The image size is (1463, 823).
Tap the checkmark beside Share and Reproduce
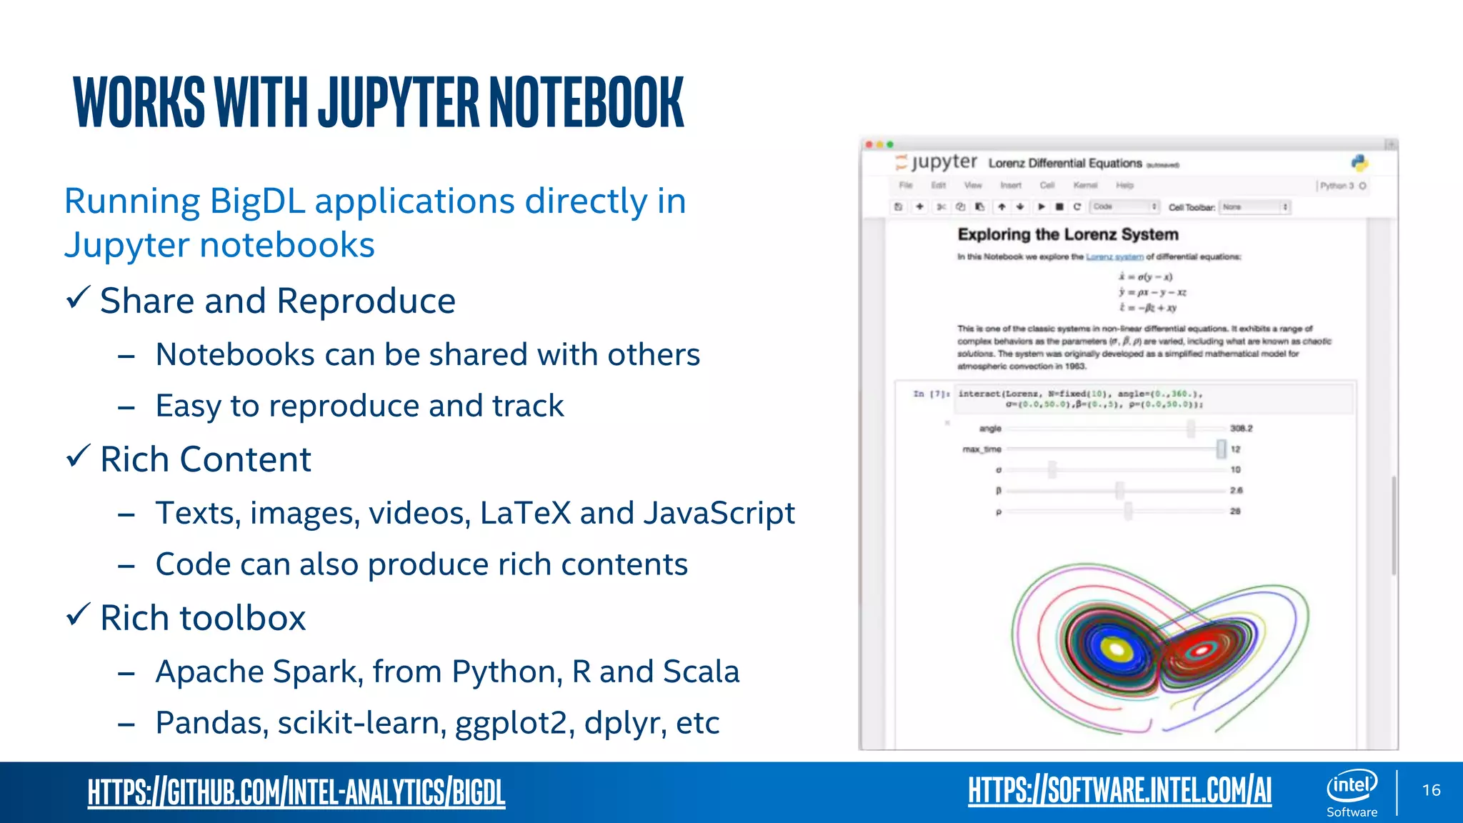pos(78,297)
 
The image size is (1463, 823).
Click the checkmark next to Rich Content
pos(78,456)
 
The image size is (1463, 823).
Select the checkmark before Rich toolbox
pos(78,614)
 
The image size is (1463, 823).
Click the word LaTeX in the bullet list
pos(525,513)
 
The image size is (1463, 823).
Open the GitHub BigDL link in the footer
pos(296,792)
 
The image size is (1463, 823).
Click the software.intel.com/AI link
pos(1119,790)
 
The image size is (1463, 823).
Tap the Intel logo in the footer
pos(1352,786)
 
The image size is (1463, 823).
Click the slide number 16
pos(1431,790)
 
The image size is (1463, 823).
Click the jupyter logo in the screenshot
pos(936,163)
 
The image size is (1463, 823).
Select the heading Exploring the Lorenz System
pos(1067,234)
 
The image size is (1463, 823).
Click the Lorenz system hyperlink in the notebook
pos(1114,256)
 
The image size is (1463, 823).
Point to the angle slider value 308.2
pos(1241,429)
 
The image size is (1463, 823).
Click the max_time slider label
pos(982,449)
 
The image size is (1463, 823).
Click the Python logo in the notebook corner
pos(1359,163)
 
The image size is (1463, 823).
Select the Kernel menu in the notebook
pos(1084,185)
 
